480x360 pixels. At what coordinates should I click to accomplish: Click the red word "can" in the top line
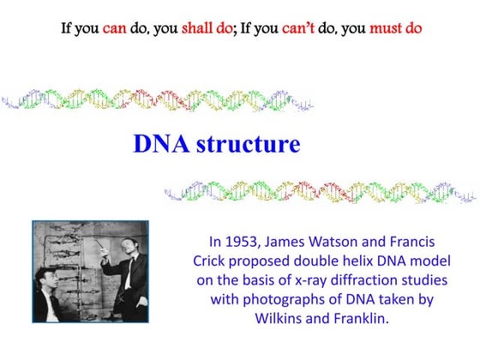click(115, 28)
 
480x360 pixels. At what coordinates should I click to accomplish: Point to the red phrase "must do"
click(395, 28)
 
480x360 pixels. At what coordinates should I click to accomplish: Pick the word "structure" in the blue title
click(248, 144)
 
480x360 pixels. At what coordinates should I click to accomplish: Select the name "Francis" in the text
click(429, 242)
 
